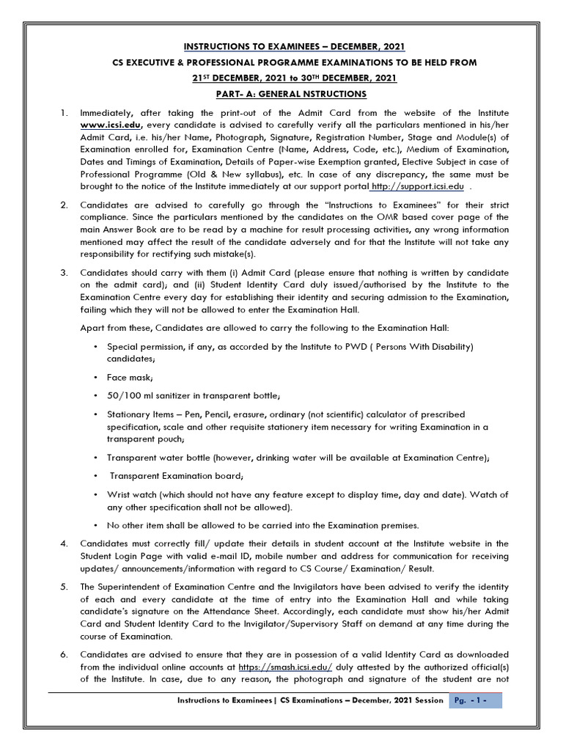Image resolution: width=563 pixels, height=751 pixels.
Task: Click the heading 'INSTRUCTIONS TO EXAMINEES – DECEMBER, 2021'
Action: pyautogui.click(x=281, y=47)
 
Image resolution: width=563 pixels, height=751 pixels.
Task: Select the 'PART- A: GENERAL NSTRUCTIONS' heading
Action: pyautogui.click(x=281, y=95)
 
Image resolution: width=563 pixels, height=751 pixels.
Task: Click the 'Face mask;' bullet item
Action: pyautogui.click(x=130, y=377)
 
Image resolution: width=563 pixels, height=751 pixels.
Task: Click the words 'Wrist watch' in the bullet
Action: pyautogui.click(x=133, y=494)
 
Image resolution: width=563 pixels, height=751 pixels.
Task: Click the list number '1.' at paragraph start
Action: pyautogui.click(x=64, y=113)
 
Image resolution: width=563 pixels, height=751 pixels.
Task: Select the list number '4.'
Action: pyautogui.click(x=64, y=543)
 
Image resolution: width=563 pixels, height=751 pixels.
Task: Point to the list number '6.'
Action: pyautogui.click(x=64, y=654)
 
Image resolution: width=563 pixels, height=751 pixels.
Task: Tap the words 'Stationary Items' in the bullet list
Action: pyautogui.click(x=140, y=415)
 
